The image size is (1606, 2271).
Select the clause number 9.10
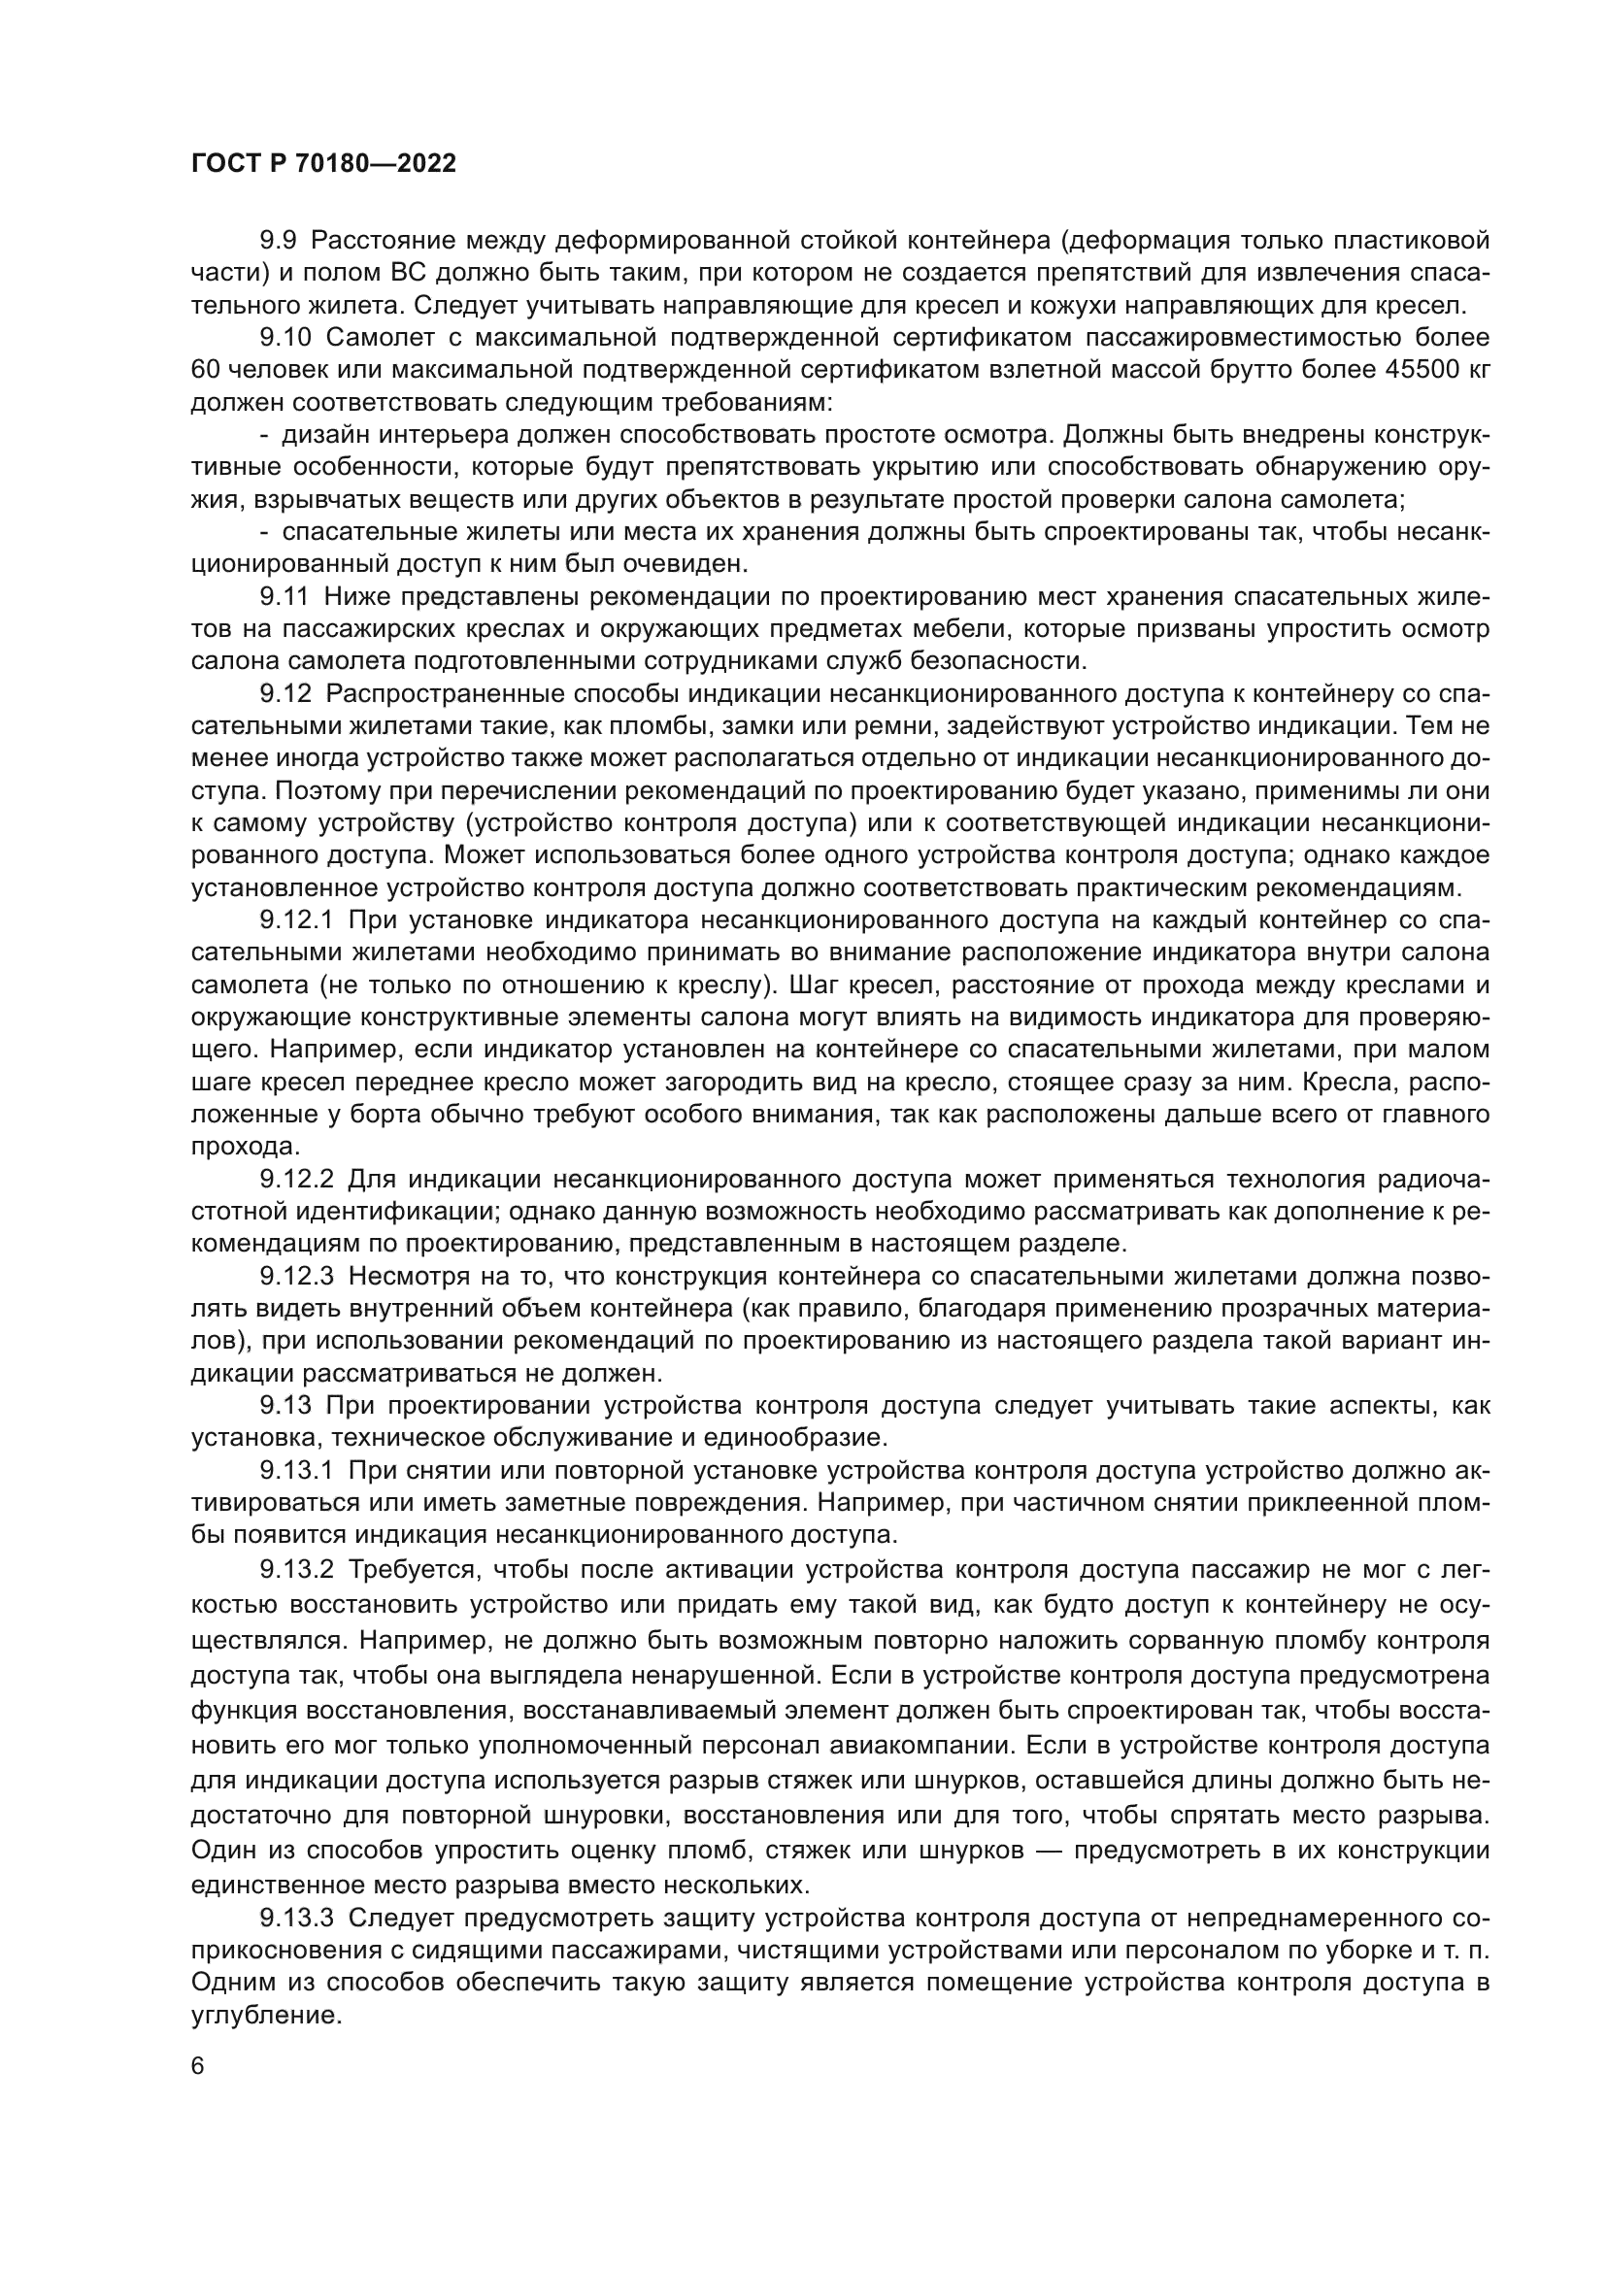(x=285, y=337)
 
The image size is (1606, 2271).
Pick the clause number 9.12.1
(x=297, y=919)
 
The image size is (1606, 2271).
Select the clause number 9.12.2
(x=298, y=1179)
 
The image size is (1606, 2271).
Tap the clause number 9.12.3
(x=298, y=1276)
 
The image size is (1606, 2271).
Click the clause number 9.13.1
(x=297, y=1470)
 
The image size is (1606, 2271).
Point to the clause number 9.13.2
(x=298, y=1567)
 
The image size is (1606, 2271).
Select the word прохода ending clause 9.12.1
(x=244, y=1148)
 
